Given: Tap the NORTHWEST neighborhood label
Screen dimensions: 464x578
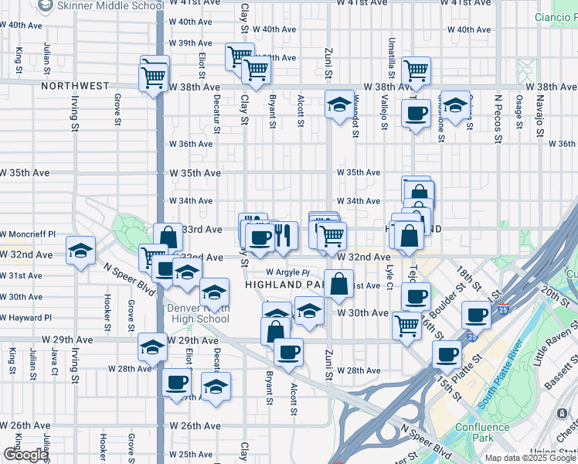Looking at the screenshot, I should point(76,86).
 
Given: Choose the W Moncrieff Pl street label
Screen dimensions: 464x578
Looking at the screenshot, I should point(28,234).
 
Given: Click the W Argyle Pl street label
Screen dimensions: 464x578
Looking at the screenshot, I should point(287,272).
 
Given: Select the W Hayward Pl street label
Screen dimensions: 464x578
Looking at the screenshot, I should point(25,318).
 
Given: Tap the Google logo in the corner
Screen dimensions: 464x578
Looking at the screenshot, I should point(25,455).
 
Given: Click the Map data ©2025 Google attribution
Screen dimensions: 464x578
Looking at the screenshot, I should point(530,458).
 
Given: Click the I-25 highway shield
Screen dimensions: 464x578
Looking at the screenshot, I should point(470,338).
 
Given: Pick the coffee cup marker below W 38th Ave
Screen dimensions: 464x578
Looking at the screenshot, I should point(416,114).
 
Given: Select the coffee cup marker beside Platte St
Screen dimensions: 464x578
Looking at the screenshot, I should point(447,354).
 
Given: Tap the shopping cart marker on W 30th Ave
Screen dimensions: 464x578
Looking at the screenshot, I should point(406,325).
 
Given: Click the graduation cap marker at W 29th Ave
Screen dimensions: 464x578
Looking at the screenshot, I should point(152,347).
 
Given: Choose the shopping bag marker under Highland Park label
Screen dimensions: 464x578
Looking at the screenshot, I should point(338,284).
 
